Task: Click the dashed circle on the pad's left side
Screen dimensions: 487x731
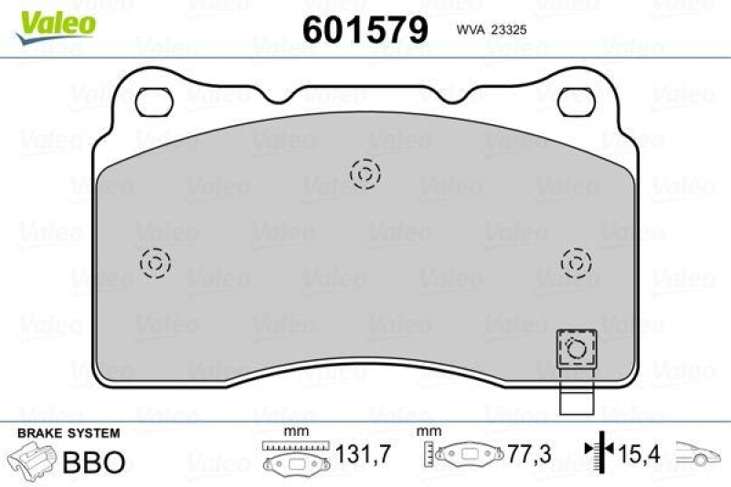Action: coord(154,263)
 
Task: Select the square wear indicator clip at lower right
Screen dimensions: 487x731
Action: coord(576,348)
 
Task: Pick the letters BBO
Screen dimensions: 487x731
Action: coord(93,461)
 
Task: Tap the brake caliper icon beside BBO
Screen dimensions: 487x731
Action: coord(31,460)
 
